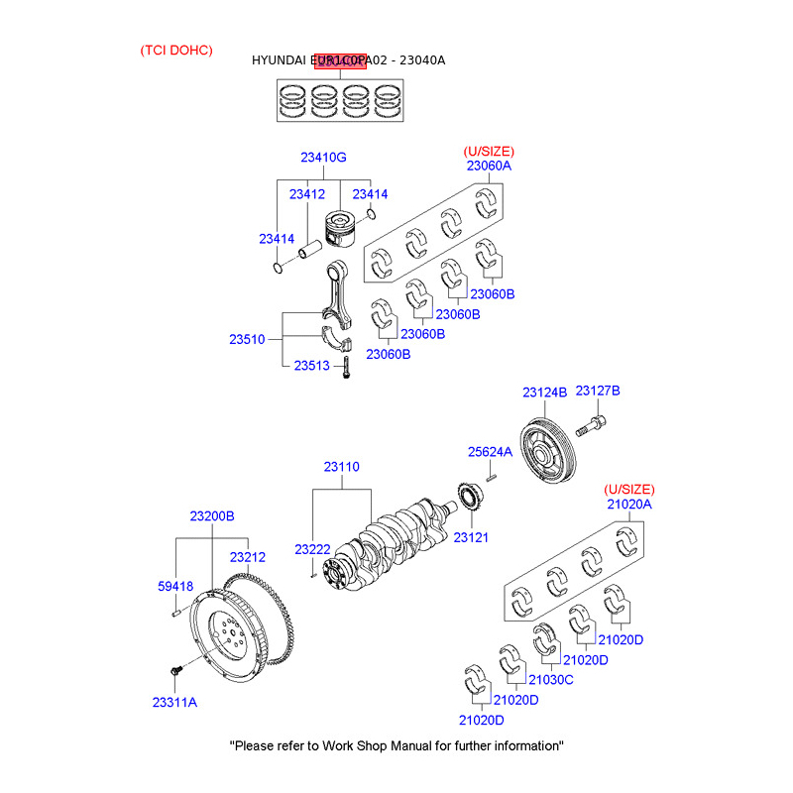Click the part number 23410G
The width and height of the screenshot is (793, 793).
pyautogui.click(x=323, y=158)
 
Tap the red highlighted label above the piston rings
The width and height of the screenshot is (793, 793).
pyautogui.click(x=341, y=62)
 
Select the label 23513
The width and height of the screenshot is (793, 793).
pyautogui.click(x=311, y=366)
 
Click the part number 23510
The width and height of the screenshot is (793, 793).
pyautogui.click(x=248, y=339)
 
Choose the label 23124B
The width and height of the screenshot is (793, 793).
pyautogui.click(x=544, y=393)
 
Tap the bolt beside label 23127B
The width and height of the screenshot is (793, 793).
pyautogui.click(x=592, y=428)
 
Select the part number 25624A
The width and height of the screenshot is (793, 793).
pyautogui.click(x=490, y=452)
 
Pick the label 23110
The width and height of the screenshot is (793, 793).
pyautogui.click(x=341, y=467)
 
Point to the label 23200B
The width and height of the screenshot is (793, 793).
pyautogui.click(x=212, y=516)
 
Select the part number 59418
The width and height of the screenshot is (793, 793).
pyautogui.click(x=175, y=587)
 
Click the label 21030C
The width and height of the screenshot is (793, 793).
pyautogui.click(x=551, y=680)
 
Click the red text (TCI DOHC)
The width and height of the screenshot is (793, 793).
pyautogui.click(x=176, y=50)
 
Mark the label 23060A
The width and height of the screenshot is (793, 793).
pyautogui.click(x=489, y=166)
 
